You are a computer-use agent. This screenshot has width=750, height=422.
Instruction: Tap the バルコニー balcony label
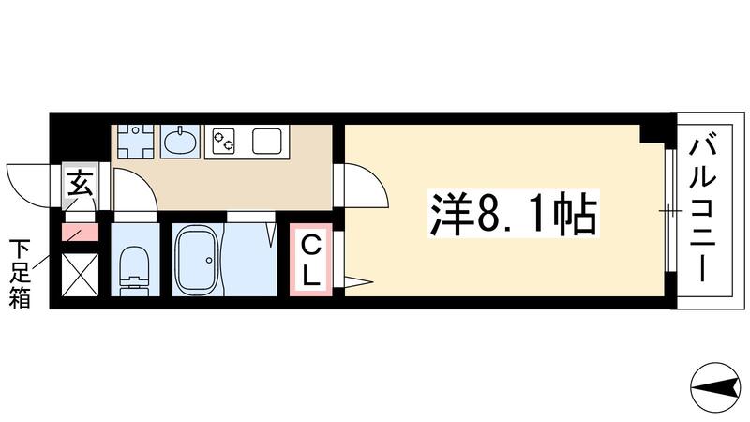[x=706, y=212]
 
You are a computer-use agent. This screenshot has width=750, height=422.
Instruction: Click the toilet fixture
[x=136, y=267]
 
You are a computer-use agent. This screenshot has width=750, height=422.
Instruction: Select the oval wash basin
[x=181, y=142]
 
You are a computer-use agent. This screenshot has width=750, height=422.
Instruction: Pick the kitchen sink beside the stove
[x=266, y=143]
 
